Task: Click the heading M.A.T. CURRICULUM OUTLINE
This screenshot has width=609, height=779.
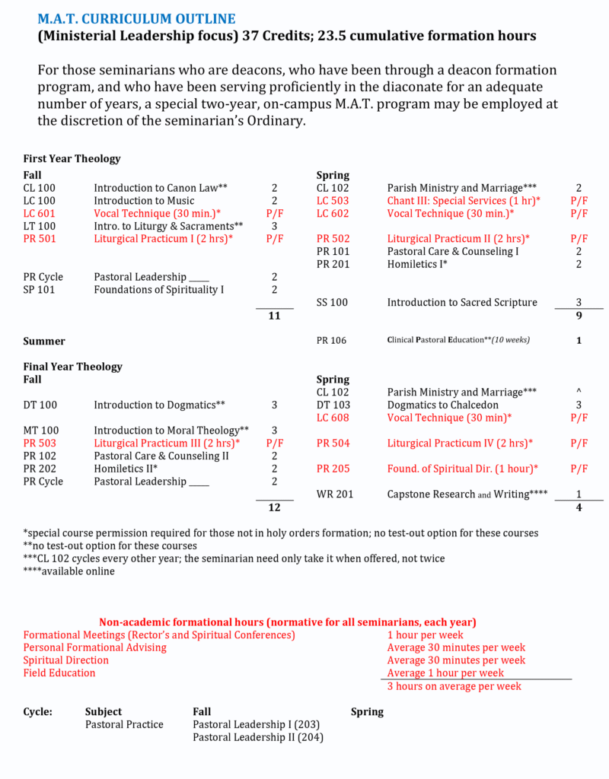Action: click(x=136, y=18)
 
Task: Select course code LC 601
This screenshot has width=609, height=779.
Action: click(x=39, y=214)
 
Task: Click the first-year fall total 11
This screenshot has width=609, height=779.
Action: click(x=275, y=316)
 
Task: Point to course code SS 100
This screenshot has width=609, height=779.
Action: click(x=332, y=303)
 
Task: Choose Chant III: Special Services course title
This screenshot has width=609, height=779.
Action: click(x=464, y=201)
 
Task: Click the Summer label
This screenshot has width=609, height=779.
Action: click(x=44, y=342)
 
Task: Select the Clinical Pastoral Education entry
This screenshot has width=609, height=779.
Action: click(x=458, y=341)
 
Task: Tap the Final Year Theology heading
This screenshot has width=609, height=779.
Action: click(x=72, y=367)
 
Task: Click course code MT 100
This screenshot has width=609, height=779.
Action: click(x=40, y=431)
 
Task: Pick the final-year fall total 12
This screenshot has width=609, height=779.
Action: click(x=275, y=507)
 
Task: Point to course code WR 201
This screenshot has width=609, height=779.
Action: click(x=335, y=494)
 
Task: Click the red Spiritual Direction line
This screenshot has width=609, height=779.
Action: click(x=65, y=660)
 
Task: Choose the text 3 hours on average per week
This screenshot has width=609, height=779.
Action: click(x=454, y=686)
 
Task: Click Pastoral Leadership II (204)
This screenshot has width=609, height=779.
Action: click(x=258, y=737)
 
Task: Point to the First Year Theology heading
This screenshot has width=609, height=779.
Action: click(x=72, y=159)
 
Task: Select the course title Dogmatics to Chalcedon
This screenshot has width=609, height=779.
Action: click(x=442, y=405)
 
